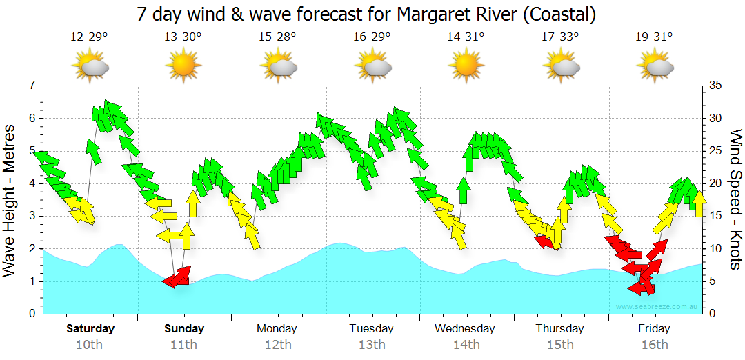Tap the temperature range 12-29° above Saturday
89,37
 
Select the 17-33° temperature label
560,37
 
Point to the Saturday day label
90,328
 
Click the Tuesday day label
371,328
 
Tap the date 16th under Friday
654,345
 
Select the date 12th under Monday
277,345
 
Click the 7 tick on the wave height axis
32,86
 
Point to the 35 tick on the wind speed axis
715,86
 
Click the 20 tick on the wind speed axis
715,183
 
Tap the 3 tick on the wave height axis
32,216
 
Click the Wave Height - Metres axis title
10,200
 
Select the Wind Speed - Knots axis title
735,200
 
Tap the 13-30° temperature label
183,37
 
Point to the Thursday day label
559,328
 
